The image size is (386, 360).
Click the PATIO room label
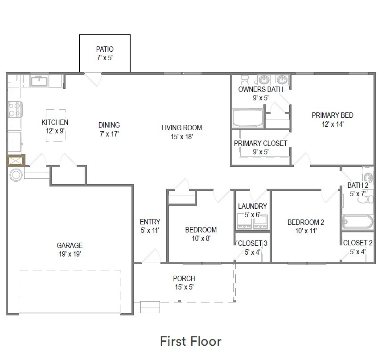tap(105, 49)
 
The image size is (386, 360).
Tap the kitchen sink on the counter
tap(40, 81)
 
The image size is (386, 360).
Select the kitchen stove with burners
tap(15, 110)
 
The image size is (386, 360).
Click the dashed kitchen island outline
tap(56, 125)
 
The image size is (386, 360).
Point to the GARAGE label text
tap(70, 245)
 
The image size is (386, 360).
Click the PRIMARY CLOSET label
tap(261, 143)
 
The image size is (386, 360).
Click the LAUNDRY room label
tap(252, 206)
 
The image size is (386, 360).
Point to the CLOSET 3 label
tap(252, 243)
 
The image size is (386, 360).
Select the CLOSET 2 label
tap(357, 243)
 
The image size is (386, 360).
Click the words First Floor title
tap(191, 341)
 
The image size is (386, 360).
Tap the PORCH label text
tap(184, 278)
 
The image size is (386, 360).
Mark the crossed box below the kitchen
tap(15, 161)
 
